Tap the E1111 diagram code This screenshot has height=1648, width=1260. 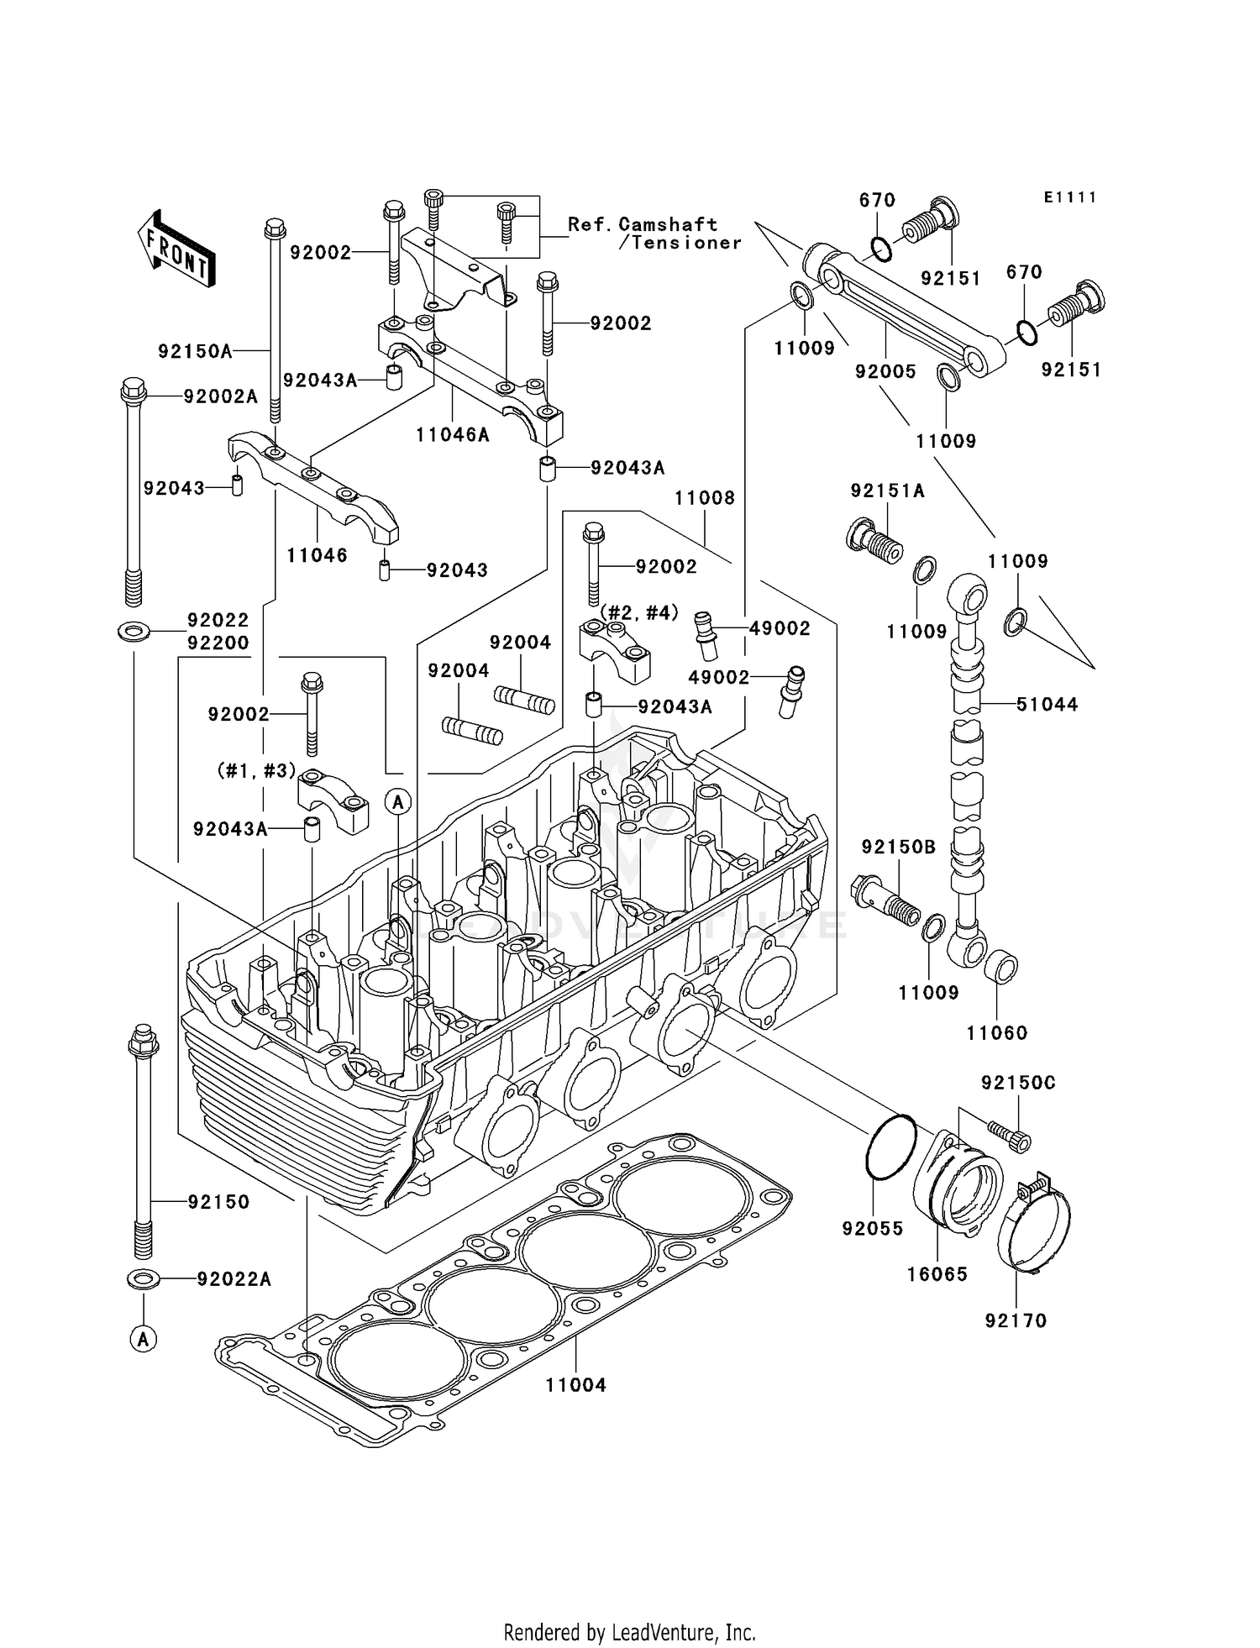point(1070,197)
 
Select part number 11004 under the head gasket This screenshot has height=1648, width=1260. point(575,1384)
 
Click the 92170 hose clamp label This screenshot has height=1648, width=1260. point(1016,1321)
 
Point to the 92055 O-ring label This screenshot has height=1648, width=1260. point(873,1229)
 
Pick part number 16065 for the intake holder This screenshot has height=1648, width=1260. point(937,1274)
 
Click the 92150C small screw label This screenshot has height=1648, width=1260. point(1018,1084)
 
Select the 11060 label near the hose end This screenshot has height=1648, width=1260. point(997,1033)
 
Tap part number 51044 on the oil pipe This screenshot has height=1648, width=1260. point(1047,705)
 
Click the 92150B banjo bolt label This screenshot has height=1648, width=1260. point(899,847)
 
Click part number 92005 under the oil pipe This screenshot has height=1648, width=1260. point(885,371)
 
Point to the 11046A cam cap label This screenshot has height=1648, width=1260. point(452,435)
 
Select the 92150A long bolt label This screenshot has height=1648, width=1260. point(195,351)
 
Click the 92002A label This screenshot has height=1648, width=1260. point(221,396)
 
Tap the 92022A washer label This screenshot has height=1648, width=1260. point(234,1279)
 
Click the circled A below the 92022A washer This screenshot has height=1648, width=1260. point(144,1339)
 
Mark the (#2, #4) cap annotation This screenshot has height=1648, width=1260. point(638,612)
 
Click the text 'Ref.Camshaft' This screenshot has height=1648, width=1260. point(643,224)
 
